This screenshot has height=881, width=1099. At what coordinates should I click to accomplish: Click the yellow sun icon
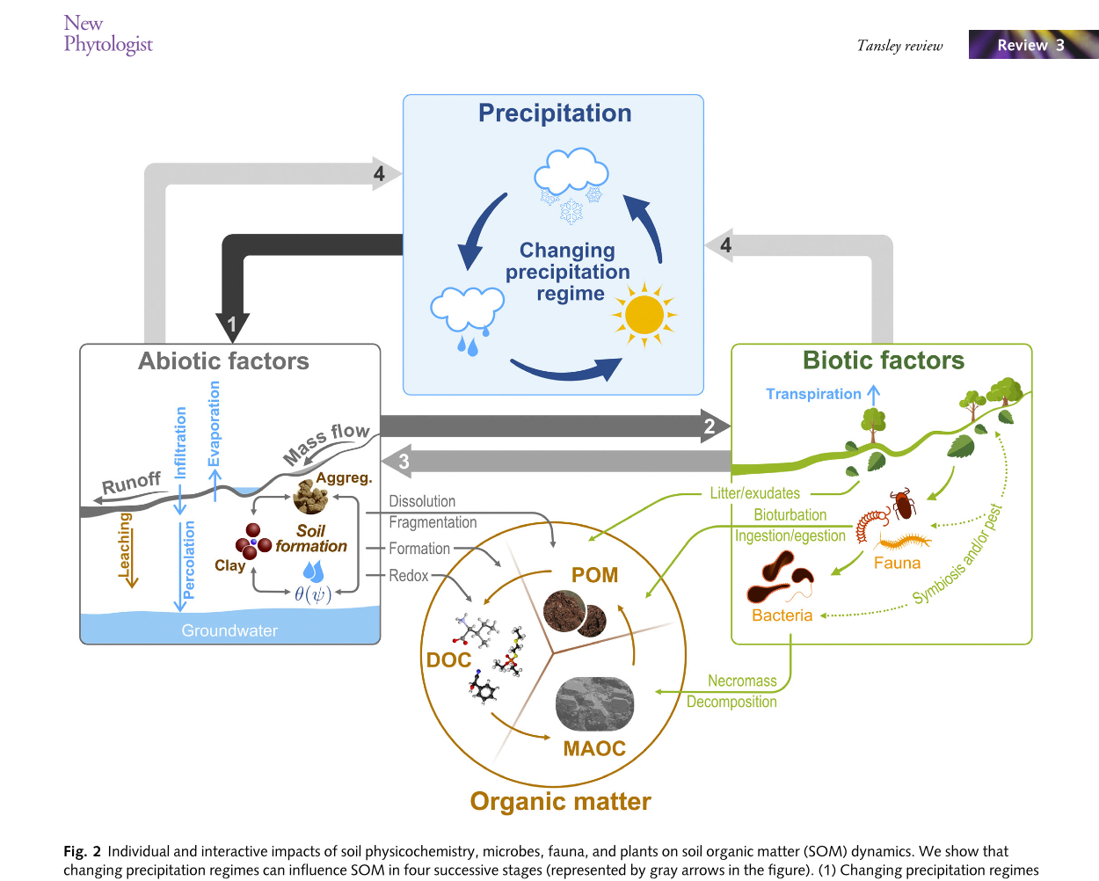coord(644,315)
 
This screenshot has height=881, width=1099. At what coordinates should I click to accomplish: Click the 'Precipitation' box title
coord(555,113)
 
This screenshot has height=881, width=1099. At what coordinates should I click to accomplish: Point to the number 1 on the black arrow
coord(232,324)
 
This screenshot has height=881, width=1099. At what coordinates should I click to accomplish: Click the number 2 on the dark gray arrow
coord(710,426)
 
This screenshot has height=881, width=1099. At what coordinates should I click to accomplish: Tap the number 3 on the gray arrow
coord(404,461)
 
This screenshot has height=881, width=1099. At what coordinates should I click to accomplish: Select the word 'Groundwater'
coord(229,630)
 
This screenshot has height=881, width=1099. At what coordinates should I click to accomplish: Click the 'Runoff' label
coord(132,483)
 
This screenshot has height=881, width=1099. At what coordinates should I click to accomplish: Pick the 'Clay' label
coord(229,565)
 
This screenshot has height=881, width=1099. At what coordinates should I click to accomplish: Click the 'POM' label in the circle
coord(595,575)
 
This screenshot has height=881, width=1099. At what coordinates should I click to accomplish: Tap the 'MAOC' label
coord(594,748)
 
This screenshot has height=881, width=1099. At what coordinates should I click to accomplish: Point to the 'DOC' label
coord(448,659)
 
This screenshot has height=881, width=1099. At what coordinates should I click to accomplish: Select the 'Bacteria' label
coord(782,615)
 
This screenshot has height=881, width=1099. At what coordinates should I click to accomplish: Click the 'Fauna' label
coord(897,563)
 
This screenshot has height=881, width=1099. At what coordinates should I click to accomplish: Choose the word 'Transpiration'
coord(813,394)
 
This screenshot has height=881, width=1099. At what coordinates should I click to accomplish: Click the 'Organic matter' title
coord(560,801)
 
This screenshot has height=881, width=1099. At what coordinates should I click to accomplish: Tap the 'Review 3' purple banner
coord(1032,45)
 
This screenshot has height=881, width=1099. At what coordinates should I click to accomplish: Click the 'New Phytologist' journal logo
coord(107,34)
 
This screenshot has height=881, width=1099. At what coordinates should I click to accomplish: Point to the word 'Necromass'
coord(742,681)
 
